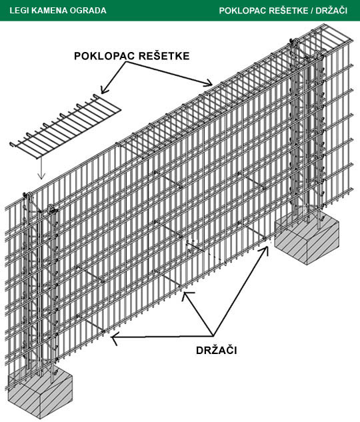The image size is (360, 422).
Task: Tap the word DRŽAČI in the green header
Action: coord(331,11)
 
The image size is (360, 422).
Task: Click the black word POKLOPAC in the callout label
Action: coord(105,56)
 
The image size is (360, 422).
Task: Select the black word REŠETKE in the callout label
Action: coord(165,55)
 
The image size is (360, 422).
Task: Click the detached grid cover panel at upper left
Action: coord(65,126)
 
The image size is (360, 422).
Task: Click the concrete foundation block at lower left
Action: coord(41,393)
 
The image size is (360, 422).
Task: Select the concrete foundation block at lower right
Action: coord(307,237)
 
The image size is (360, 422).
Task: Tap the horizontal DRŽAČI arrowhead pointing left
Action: coord(115,337)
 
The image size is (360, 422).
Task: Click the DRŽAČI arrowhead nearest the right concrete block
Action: coord(265,250)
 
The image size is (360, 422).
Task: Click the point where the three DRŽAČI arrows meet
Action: coord(213,335)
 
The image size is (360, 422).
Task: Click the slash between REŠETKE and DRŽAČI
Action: coord(312,11)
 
